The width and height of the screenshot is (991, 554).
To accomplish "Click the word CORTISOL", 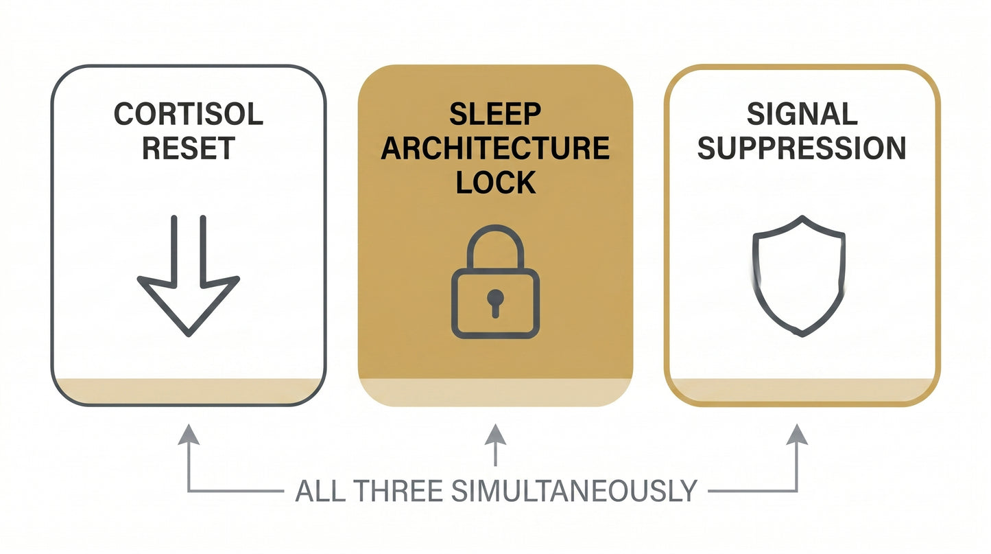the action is [189, 114].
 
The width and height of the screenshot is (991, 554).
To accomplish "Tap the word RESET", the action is [189, 148].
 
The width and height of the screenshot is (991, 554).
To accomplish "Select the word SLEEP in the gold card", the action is [495, 114].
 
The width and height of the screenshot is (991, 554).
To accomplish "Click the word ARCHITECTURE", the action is [495, 148].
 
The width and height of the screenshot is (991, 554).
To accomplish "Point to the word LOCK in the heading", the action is [495, 183].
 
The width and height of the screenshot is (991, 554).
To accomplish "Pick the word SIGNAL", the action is [802, 114].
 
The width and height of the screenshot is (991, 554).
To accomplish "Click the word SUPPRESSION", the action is [802, 148].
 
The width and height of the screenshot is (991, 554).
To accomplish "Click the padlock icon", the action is [495, 281].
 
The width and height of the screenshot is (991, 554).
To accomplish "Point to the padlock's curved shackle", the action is [495, 228].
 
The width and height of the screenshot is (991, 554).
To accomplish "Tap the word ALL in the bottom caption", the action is [320, 491].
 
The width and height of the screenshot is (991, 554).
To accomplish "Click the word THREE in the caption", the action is [398, 491].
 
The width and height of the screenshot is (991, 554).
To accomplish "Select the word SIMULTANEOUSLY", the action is [574, 491].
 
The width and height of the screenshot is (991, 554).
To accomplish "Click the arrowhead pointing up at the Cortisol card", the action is [189, 435].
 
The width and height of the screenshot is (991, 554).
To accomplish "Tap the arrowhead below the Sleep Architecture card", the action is [495, 435].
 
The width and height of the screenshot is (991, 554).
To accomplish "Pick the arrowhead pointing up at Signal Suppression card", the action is [797, 435].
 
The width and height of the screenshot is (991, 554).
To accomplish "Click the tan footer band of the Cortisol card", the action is [189, 391].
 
